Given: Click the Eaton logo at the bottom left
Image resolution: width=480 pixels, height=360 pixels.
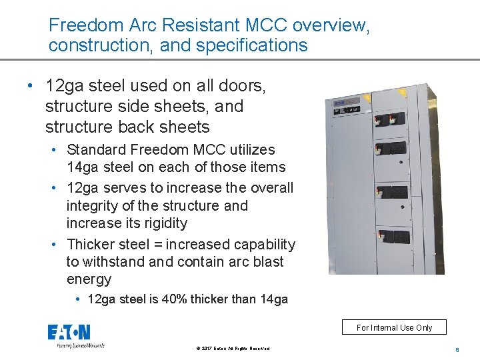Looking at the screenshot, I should pos(69,333).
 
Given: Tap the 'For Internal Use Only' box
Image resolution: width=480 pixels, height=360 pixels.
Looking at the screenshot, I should pos(394,327).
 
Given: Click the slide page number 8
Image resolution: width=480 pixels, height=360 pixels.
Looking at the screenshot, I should pos(457,349).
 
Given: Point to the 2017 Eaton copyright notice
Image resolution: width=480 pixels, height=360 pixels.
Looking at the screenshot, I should pos(233,349).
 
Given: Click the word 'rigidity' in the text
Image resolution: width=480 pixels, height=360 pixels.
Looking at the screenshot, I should pos(161,223).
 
